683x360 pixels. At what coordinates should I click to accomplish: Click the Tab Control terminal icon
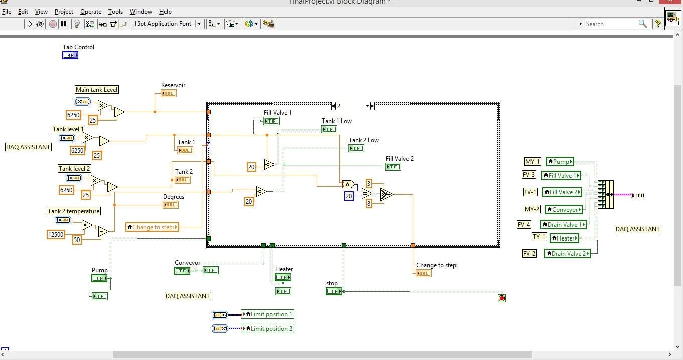(x=70, y=55)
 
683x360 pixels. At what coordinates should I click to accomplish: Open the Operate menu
(x=91, y=11)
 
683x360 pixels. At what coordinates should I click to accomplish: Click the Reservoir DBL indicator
(x=169, y=93)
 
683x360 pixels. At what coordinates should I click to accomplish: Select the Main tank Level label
(x=97, y=90)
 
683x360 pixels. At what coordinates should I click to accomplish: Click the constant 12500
(x=56, y=234)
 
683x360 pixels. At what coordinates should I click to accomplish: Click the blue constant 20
(x=349, y=196)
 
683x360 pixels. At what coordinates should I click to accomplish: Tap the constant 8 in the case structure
(x=369, y=204)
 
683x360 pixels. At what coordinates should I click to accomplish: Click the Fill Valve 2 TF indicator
(x=393, y=167)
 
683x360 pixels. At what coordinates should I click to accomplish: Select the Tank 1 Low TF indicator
(x=329, y=129)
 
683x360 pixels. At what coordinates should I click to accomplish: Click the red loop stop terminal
(x=502, y=298)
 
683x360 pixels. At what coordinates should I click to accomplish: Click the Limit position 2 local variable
(x=267, y=329)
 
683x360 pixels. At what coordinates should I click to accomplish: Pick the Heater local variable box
(x=564, y=238)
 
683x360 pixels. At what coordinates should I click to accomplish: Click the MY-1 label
(x=532, y=161)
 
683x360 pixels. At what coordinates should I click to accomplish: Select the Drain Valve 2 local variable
(x=568, y=254)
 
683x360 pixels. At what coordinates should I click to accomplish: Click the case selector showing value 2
(x=353, y=106)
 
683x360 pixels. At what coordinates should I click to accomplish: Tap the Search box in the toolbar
(x=612, y=24)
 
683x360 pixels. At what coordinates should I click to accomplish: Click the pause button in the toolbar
(x=64, y=24)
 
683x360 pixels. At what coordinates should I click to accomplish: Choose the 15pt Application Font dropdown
(x=167, y=24)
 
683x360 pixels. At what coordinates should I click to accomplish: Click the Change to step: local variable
(x=152, y=227)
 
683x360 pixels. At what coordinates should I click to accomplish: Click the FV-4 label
(x=524, y=225)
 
